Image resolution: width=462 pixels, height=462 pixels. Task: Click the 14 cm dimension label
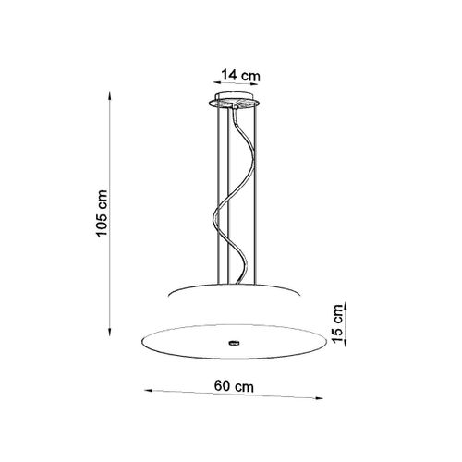click(241, 75)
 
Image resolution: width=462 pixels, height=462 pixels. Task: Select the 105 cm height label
click(102, 213)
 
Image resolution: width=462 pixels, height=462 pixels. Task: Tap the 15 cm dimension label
click(337, 323)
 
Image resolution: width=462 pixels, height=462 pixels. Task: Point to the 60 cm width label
click(234, 386)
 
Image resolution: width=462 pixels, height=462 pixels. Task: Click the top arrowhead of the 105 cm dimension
click(109, 95)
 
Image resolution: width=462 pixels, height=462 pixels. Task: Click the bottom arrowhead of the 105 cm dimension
click(110, 332)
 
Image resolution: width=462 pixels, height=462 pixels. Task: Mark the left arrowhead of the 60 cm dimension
click(149, 390)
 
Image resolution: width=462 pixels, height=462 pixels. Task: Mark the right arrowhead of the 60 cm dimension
click(319, 398)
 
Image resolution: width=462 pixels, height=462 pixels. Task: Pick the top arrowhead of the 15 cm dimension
click(346, 306)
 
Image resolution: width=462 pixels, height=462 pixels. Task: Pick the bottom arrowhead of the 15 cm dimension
click(346, 341)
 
